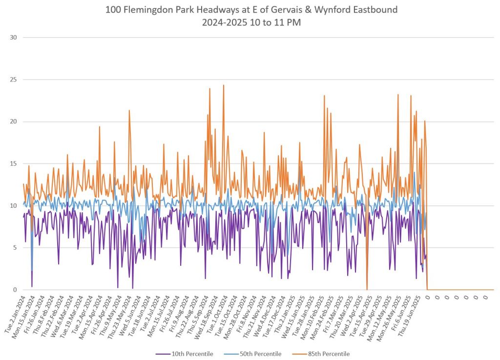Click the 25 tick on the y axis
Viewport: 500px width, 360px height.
pos(13,80)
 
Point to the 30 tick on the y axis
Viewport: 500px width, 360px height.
pos(13,38)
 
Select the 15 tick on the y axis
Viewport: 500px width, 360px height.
pos(13,163)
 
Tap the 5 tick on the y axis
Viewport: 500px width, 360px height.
pos(15,248)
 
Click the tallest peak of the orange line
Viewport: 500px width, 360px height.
pos(224,85)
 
